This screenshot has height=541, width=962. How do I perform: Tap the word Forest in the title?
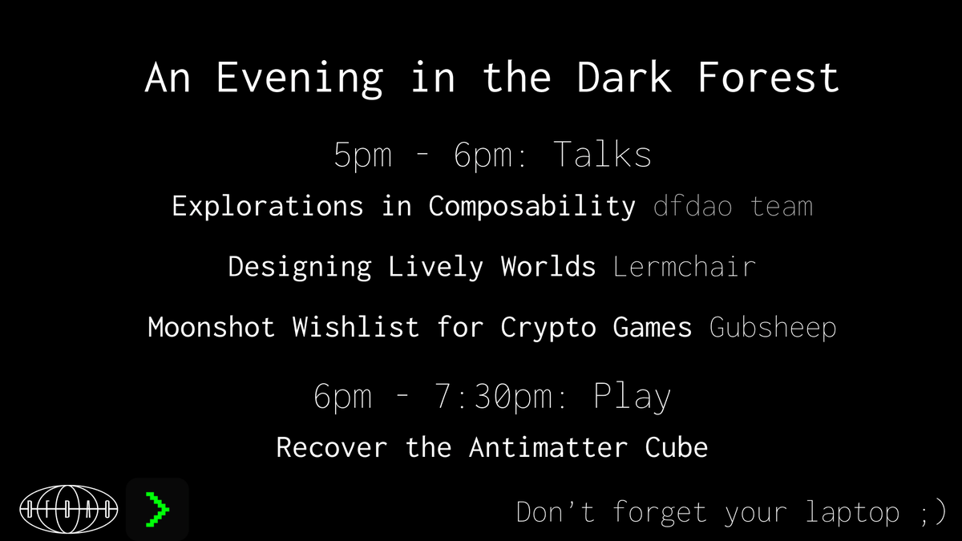coord(769,79)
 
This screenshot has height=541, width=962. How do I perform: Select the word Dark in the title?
coord(624,79)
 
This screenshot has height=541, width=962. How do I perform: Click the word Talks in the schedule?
coord(603,155)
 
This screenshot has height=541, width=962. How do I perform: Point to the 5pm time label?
coord(363,155)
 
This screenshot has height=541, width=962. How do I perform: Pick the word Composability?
coord(532,207)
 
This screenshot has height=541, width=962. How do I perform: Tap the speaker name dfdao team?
coord(733,207)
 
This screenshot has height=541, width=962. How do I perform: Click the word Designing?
coord(300,266)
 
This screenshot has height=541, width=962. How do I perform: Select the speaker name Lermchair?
coord(684,266)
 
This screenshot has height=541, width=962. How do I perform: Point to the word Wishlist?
coord(356,327)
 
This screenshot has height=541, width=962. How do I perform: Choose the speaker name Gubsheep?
coord(773,327)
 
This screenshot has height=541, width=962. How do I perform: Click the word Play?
coord(632,397)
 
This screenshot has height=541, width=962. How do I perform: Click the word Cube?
coord(677,446)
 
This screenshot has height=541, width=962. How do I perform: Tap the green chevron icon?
coord(157,509)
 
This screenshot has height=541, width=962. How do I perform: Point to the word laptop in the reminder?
coord(852,512)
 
